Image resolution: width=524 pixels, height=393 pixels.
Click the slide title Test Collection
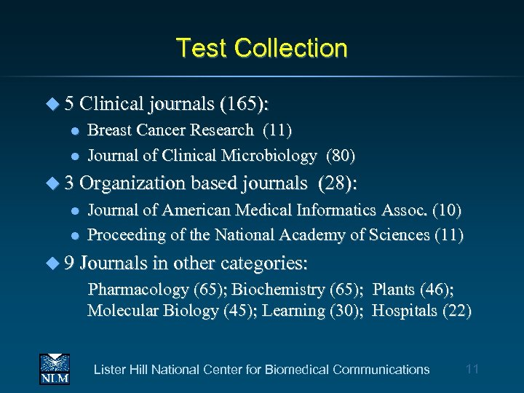coord(262,48)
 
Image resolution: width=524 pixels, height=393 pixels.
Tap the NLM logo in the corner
coord(54,369)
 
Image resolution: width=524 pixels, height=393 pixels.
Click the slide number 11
coord(472,369)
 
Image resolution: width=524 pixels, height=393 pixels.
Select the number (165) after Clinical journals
coord(244,104)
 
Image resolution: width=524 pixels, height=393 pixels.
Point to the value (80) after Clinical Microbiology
coord(341,155)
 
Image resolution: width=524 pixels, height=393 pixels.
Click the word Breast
coord(108,130)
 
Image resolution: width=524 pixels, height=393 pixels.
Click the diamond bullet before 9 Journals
coord(52,262)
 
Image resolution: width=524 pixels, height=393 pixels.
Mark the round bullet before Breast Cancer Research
coord(73,131)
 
